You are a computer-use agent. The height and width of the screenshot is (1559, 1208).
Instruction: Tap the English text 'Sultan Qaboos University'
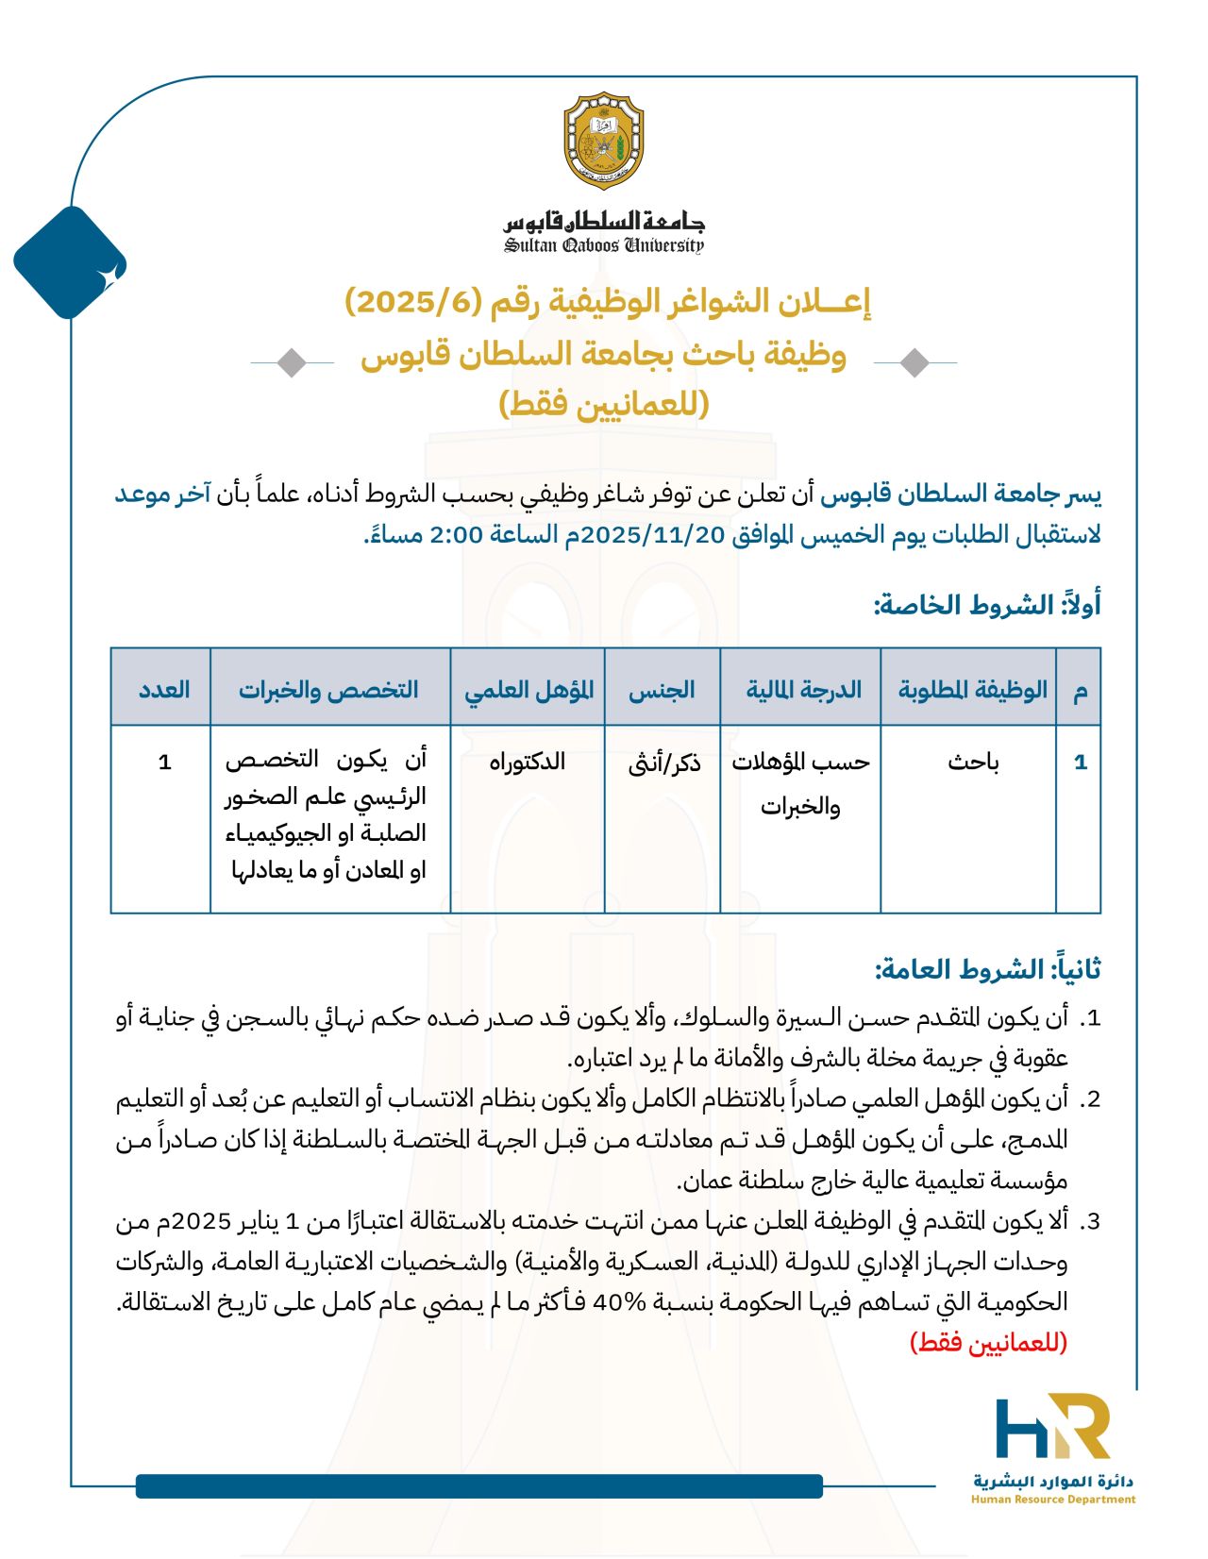[x=603, y=246]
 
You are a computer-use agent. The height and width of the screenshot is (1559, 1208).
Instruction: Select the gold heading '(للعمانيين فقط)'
[x=603, y=404]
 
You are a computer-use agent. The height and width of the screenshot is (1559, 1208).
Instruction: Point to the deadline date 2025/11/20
[x=652, y=534]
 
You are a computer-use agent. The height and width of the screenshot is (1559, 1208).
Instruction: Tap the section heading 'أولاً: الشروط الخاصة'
[x=987, y=605]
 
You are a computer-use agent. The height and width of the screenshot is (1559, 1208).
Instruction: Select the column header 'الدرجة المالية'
[x=803, y=690]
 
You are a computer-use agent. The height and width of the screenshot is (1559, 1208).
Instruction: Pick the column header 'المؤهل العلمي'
[x=528, y=690]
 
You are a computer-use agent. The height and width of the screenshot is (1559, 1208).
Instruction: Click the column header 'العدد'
[x=164, y=690]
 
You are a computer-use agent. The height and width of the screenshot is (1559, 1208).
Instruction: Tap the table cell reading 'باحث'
[x=973, y=763]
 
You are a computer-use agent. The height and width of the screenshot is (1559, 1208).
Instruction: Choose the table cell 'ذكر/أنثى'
[x=664, y=763]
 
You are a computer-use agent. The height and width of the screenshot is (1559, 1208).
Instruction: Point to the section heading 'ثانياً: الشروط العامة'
[x=987, y=969]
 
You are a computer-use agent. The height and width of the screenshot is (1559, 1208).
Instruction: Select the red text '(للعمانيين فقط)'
[x=988, y=1342]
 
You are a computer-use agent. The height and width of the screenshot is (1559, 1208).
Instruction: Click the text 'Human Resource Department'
[x=1053, y=1499]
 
